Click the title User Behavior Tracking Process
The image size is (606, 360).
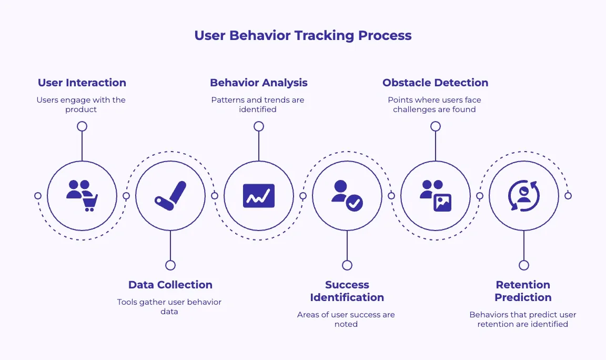pyautogui.click(x=302, y=36)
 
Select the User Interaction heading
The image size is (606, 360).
pyautogui.click(x=82, y=83)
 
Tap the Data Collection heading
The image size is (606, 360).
pyautogui.click(x=170, y=285)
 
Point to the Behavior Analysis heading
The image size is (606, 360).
pyautogui.click(x=258, y=83)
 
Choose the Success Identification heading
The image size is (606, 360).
pyautogui.click(x=347, y=291)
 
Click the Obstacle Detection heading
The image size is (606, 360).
pyautogui.click(x=435, y=83)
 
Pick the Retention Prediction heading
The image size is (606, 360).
pyautogui.click(x=523, y=291)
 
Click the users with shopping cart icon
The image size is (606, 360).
pyautogui.click(x=82, y=196)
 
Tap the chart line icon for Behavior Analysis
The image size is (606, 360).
pyautogui.click(x=259, y=196)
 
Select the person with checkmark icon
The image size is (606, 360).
pyautogui.click(x=347, y=196)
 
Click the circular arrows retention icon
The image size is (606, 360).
pyautogui.click(x=523, y=196)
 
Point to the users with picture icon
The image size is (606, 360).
pyautogui.click(x=436, y=196)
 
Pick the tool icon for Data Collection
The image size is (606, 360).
pyautogui.click(x=170, y=196)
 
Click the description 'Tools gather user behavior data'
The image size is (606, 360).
pyautogui.click(x=169, y=307)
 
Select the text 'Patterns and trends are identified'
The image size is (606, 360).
pyautogui.click(x=258, y=105)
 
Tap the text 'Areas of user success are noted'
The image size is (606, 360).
pyautogui.click(x=346, y=319)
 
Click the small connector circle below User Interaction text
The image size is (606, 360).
pyautogui.click(x=82, y=126)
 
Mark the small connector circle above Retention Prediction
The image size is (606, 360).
pyautogui.click(x=523, y=265)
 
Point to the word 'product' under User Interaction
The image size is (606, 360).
pyautogui.click(x=81, y=109)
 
